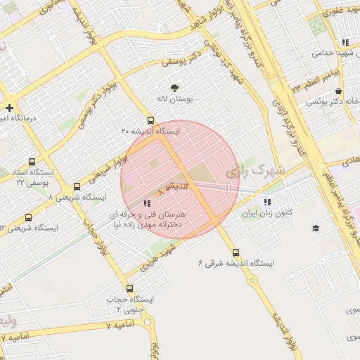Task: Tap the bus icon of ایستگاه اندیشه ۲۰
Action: [x=150, y=120]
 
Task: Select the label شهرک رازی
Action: [x=258, y=171]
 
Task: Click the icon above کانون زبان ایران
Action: [x=266, y=202]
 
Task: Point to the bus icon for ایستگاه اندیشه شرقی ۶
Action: [x=236, y=252]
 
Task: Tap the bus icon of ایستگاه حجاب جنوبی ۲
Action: [x=129, y=288]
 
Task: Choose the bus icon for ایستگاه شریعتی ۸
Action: [x=77, y=186]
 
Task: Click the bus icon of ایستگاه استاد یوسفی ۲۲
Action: [x=33, y=161]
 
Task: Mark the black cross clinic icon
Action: [x=8, y=108]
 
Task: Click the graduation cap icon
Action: [x=316, y=228]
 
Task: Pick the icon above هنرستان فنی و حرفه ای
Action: [x=146, y=202]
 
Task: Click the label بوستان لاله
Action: [x=174, y=99]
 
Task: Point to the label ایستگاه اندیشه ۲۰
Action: [x=150, y=131]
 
